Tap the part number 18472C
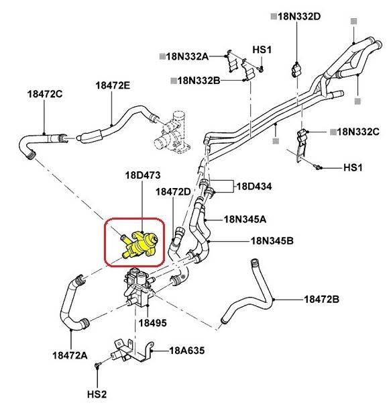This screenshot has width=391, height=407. coord(45,93)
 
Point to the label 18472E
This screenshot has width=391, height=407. coord(113,85)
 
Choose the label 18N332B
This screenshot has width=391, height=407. coord(199,81)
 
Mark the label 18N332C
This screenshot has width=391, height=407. coord(358,131)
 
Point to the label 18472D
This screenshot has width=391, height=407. coord(174,192)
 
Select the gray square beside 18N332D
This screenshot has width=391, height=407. coord(274,15)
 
